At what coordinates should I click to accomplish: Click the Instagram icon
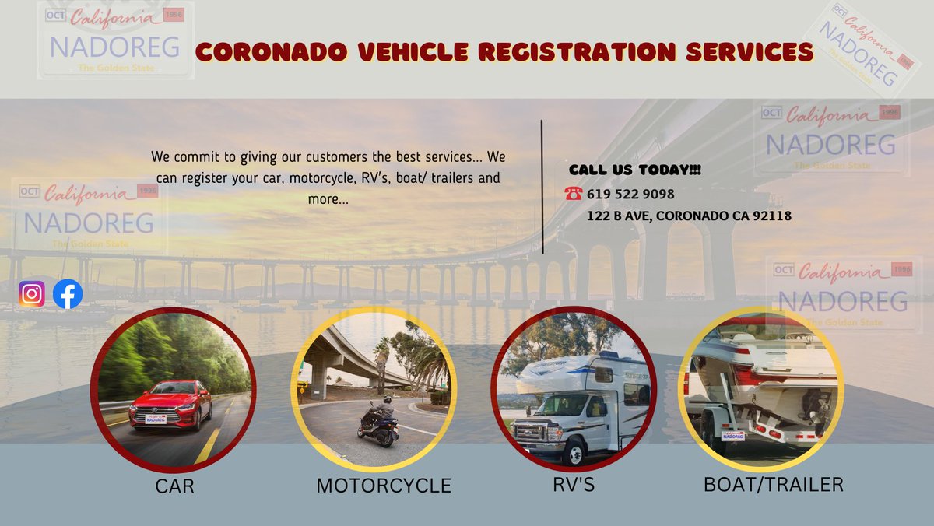tap(32, 294)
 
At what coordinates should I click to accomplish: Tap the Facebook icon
tap(68, 294)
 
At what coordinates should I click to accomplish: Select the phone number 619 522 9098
tap(630, 194)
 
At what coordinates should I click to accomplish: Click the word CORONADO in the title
tap(265, 52)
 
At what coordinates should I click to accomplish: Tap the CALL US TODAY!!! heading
tap(635, 170)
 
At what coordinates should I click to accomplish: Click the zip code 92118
tap(772, 216)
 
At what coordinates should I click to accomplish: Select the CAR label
tap(174, 487)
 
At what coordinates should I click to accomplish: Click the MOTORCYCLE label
tap(384, 486)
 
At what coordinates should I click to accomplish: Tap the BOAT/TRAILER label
tap(773, 484)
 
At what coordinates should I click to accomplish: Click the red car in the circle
tap(170, 404)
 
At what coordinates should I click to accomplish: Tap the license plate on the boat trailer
tap(733, 436)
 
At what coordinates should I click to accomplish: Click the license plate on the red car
tap(155, 419)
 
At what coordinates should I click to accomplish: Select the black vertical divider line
tap(542, 187)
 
